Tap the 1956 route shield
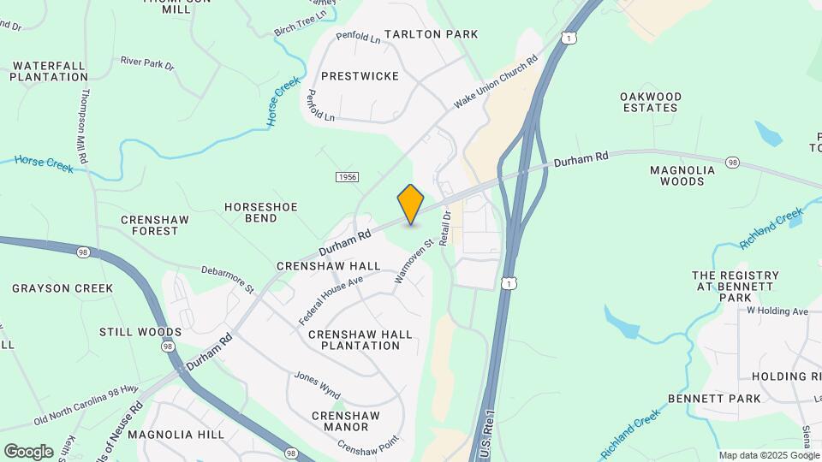(x=347, y=177)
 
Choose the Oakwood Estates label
(x=663, y=102)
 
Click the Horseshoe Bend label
(x=251, y=212)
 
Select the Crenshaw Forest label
(x=155, y=225)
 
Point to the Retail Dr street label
(x=445, y=228)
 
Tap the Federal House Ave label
(x=331, y=299)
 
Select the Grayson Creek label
(x=63, y=288)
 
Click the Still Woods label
(x=140, y=332)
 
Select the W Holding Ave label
(x=777, y=311)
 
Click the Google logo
(x=28, y=451)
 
